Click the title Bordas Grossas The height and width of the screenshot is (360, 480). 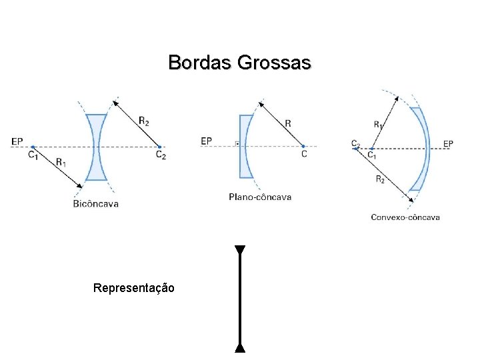[x=239, y=63]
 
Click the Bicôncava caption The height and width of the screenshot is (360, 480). [x=96, y=203]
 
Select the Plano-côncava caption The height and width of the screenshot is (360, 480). [x=260, y=197]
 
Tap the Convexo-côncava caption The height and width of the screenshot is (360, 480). [x=405, y=217]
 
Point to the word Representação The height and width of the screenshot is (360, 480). [x=134, y=288]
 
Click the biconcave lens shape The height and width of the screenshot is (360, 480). [x=97, y=147]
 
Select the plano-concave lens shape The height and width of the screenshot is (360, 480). [x=245, y=147]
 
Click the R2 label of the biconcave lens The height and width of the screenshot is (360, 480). [x=144, y=120]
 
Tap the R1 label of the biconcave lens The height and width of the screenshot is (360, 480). [x=61, y=161]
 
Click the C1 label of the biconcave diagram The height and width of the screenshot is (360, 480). [x=33, y=155]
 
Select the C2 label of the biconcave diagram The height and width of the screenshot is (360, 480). [x=161, y=155]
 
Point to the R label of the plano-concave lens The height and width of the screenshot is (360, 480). [x=287, y=123]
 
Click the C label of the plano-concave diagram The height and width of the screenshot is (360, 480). [x=304, y=154]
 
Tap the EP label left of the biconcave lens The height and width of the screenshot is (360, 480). [x=17, y=141]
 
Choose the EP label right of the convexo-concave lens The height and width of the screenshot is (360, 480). [x=448, y=143]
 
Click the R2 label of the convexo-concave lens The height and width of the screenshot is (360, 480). [x=379, y=179]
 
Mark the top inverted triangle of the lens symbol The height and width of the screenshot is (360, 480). [x=240, y=251]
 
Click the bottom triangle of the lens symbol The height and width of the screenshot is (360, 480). [x=240, y=347]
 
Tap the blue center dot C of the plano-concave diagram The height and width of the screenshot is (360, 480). [x=303, y=146]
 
